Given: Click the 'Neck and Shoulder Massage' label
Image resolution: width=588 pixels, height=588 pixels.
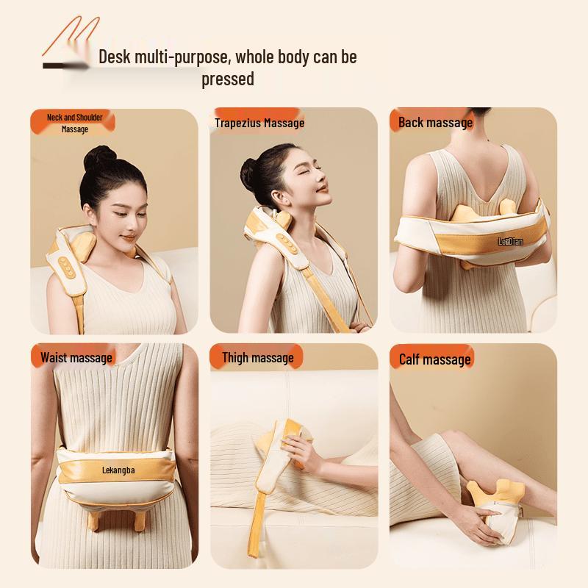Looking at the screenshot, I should coord(74,123).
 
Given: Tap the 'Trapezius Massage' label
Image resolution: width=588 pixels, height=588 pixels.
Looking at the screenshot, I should coord(259,123).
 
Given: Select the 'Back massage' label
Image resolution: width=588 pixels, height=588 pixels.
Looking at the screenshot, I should coord(435,123).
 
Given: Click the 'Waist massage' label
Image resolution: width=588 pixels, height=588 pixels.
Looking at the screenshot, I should coord(76,358).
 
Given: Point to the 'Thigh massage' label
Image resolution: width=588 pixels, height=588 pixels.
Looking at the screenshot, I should coord(257,358).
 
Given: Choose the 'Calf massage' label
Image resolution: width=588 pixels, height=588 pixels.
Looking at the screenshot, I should coord(434,359).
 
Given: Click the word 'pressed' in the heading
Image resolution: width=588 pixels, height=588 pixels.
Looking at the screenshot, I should coord(228,79).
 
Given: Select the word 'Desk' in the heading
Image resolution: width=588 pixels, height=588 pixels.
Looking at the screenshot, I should coord(116,57).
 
